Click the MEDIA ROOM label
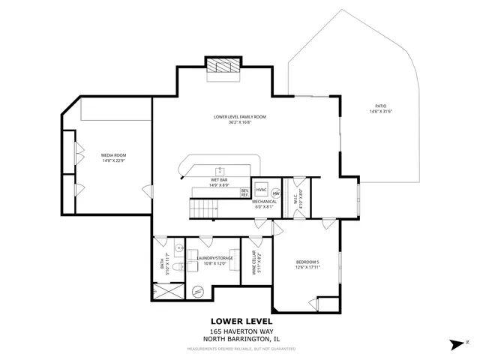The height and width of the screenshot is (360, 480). [113, 155]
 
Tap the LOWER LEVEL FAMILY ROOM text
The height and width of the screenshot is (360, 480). [239, 117]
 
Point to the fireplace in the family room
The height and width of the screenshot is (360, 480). [223, 66]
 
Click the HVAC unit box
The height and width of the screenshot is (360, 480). [262, 189]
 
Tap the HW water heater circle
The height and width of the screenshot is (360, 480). [275, 192]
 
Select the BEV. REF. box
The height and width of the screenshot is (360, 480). [244, 192]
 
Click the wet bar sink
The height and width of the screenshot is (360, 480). [220, 170]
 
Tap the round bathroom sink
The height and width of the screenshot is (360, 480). [178, 248]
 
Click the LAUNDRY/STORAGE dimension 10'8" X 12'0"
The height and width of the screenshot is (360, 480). [214, 263]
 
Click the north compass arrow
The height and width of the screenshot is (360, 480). [456, 344]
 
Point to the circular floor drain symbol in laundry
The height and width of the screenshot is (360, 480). [197, 291]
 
